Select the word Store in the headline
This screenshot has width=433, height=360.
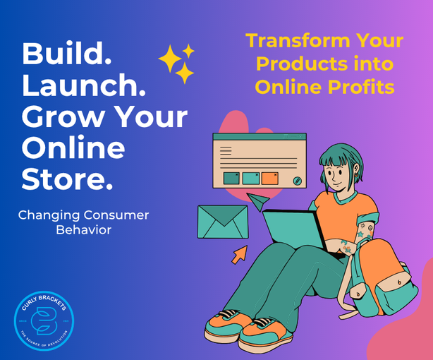click(x=67, y=179)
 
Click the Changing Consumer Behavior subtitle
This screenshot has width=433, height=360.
click(x=83, y=222)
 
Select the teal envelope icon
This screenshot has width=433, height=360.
click(x=221, y=221)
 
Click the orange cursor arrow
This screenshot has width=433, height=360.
click(x=240, y=253)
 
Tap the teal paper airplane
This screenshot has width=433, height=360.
click(x=258, y=203)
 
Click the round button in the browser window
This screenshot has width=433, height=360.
click(x=297, y=181)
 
